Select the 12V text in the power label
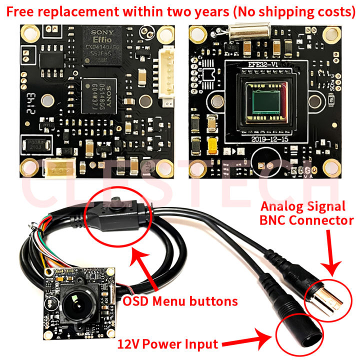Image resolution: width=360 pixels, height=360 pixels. [x=130, y=344]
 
